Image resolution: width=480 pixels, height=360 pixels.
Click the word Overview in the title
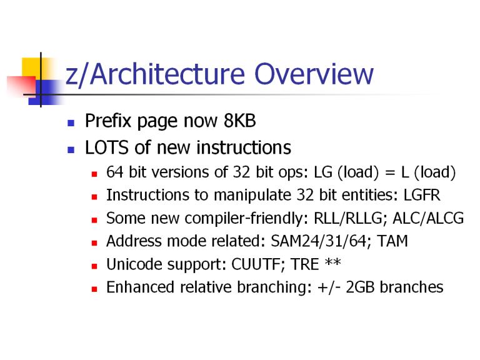314,74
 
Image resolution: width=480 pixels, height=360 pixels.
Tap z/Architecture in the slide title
155,75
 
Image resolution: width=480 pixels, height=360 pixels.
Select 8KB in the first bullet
240,121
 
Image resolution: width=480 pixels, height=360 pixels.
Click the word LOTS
107,147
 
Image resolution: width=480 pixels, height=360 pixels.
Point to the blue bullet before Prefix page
71,123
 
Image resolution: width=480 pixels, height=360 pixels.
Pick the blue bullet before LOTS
71,150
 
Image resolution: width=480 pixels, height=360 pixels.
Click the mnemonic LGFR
422,195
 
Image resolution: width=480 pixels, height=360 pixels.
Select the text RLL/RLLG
348,218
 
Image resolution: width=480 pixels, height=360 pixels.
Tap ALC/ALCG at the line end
428,218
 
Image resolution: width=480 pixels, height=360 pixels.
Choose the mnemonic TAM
392,241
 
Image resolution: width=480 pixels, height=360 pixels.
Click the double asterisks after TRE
332,262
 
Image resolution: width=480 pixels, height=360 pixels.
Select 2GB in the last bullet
360,287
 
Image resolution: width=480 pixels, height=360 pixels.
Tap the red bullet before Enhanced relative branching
94,289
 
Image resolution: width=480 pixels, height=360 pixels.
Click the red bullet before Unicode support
94,266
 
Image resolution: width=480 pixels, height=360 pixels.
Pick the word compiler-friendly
246,219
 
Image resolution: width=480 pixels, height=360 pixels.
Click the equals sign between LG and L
390,173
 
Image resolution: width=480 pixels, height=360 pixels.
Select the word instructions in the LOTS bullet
244,147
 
